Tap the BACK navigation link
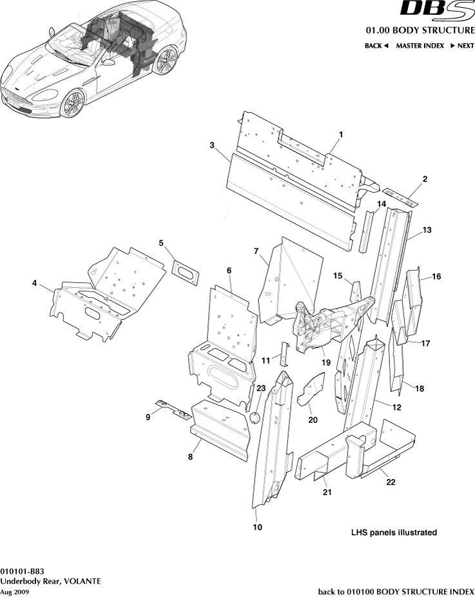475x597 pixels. pyautogui.click(x=376, y=46)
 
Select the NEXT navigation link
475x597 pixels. pyautogui.click(x=461, y=46)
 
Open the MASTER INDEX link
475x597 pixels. pyautogui.click(x=420, y=46)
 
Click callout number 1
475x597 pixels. pyautogui.click(x=341, y=133)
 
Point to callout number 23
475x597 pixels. pyautogui.click(x=260, y=388)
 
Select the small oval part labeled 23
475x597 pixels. pyautogui.click(x=255, y=417)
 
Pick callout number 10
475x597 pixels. pyautogui.click(x=257, y=527)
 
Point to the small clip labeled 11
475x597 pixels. pyautogui.click(x=282, y=354)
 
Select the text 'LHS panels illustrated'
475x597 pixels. pyautogui.click(x=394, y=533)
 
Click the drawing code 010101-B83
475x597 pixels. pyautogui.click(x=23, y=571)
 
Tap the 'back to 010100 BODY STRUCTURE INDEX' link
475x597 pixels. pyautogui.click(x=396, y=591)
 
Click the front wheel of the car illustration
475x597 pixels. pyautogui.click(x=73, y=103)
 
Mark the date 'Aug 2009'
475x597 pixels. pyautogui.click(x=14, y=591)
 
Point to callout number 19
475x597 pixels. pyautogui.click(x=326, y=363)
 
